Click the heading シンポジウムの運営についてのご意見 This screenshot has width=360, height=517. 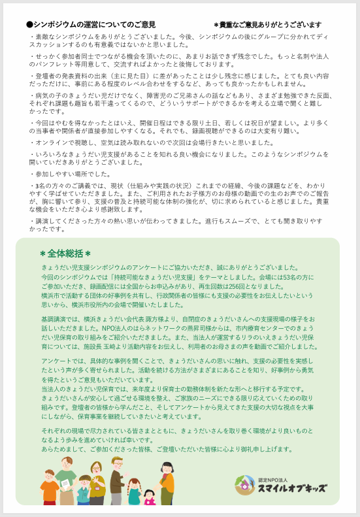click(91, 24)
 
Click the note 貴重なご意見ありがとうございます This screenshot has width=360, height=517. click(268, 25)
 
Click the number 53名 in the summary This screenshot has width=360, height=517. click(280, 277)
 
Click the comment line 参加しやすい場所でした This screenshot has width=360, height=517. click(71, 174)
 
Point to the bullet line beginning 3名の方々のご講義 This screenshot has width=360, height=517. click(72, 186)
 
